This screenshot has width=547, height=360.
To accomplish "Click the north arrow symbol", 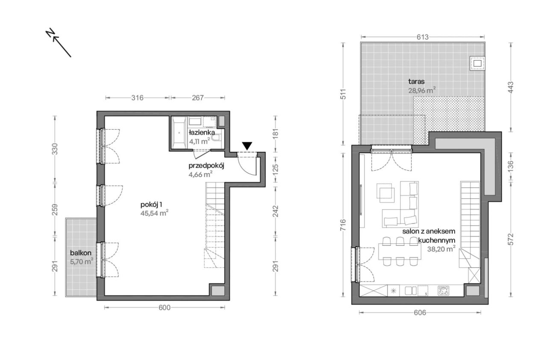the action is point(59,43).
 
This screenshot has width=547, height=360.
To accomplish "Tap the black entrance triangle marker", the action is point(247,146).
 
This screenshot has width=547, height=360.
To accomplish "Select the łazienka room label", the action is point(202,133).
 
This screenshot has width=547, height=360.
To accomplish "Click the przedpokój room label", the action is point(206,166).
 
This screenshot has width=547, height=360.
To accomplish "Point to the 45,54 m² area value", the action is point(154,213).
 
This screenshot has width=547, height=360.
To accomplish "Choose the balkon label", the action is point(81,253).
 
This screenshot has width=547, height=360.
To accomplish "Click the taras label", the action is point(416,82).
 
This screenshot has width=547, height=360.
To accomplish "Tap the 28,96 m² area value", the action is point(422,91).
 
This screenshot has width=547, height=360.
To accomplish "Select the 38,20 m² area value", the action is point(441,249).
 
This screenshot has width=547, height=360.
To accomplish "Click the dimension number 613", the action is point(423,37).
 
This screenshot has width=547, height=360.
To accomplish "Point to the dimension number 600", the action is point(165,308).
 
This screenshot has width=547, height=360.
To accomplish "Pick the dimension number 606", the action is point(420,313).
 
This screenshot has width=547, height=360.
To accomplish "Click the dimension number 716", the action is point(343,225).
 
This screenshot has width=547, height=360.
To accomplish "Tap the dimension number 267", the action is point(197,97).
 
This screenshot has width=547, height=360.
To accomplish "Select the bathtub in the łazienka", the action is point(179,133).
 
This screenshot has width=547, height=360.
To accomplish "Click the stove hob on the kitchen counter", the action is point(444,291).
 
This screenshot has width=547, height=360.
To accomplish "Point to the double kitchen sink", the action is point(411,291).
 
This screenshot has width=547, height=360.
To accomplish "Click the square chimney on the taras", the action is point(477,64).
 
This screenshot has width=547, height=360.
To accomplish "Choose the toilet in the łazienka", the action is point(216,139).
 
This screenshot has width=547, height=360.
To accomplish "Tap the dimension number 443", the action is point(510,88).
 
